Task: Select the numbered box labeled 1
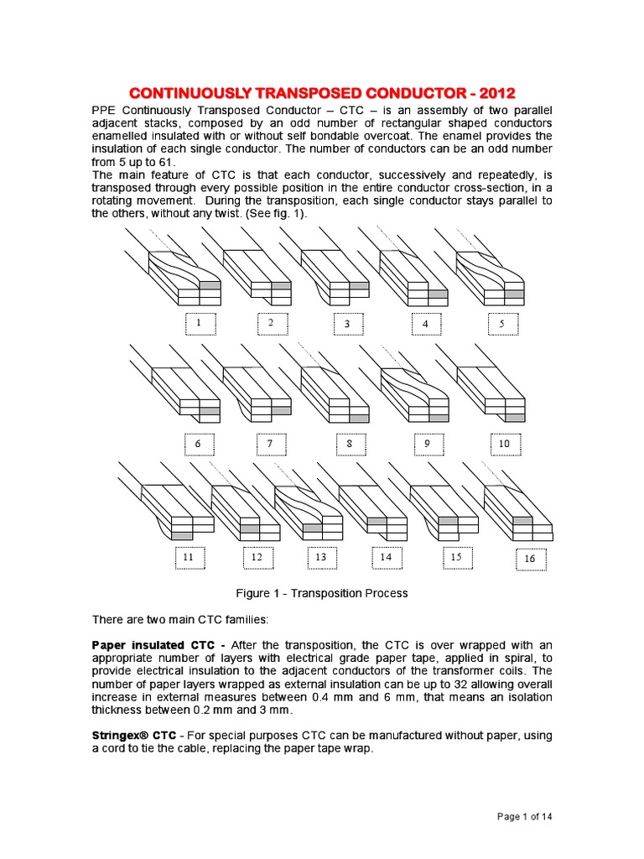click(200, 323)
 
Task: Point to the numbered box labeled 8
click(351, 443)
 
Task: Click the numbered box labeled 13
click(320, 557)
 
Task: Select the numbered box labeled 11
click(189, 557)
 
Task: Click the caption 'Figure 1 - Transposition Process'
click(322, 593)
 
